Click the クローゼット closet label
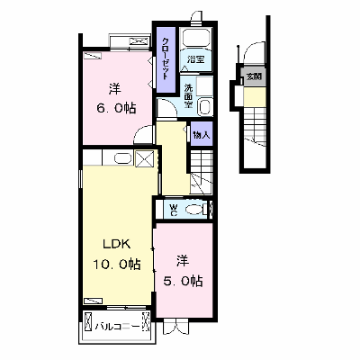click(166, 58)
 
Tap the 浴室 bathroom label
click(195, 59)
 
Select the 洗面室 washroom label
click(188, 96)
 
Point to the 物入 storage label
click(202, 135)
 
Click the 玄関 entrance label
click(254, 76)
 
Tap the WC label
click(174, 210)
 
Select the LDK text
click(117, 245)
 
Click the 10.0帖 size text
click(117, 265)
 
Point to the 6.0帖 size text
click(116, 108)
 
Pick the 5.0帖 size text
click(183, 281)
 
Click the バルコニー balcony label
click(117, 327)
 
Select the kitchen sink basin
click(122, 158)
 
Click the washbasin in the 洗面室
click(205, 107)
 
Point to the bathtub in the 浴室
click(197, 39)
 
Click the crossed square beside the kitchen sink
click(145, 158)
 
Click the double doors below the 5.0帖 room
click(176, 326)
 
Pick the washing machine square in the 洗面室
click(204, 86)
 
